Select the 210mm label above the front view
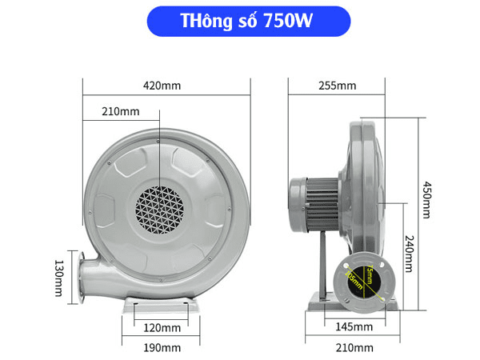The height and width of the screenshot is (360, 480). click(120, 111)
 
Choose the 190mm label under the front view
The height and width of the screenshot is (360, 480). click(161, 347)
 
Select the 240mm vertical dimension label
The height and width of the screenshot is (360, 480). click(408, 253)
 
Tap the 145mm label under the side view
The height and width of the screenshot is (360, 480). click(352, 327)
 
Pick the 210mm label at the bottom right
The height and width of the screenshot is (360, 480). click(353, 347)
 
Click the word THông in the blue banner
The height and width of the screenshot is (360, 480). click(202, 22)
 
